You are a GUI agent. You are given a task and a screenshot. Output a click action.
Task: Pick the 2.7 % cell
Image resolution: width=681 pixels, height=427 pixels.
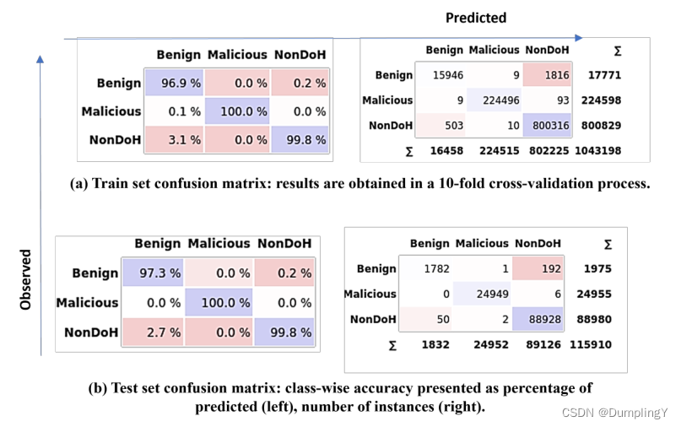click(157, 332)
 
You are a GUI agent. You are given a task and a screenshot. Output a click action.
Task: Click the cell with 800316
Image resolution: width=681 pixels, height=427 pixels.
click(547, 125)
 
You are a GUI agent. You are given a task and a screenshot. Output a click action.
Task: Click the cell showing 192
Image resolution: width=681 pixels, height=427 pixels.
click(540, 268)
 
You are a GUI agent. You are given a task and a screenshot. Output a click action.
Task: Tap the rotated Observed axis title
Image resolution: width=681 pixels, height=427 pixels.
click(25, 278)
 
